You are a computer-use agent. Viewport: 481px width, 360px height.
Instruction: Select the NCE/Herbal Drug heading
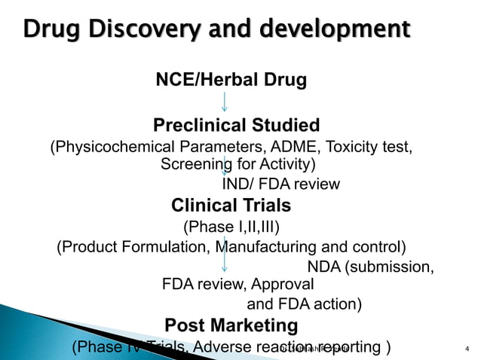[231, 80]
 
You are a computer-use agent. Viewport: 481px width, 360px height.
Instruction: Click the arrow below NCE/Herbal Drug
[224, 102]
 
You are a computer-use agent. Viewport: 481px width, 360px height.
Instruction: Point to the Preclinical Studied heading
[237, 125]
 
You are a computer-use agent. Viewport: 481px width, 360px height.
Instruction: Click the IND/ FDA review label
[280, 184]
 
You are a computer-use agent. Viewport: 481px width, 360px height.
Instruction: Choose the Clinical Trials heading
[231, 205]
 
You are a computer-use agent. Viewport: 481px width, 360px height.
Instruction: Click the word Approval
[282, 285]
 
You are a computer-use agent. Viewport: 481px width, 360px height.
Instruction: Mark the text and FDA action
[305, 304]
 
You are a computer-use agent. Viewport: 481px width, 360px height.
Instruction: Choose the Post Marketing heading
[231, 325]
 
